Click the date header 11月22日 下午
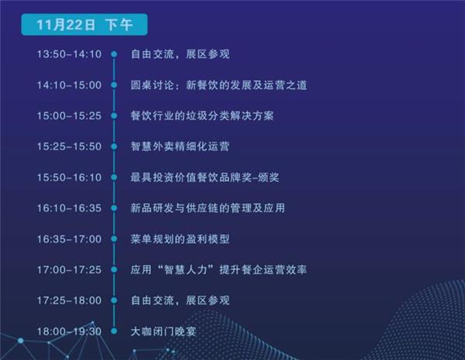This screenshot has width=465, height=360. coord(84,25)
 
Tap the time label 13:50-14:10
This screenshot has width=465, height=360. coord(69,54)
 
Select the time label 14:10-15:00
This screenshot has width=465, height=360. coord(69,85)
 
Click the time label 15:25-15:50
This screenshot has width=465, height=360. coord(69,146)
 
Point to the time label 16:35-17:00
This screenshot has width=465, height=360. coord(69,238)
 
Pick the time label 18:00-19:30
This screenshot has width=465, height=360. coord(69,331)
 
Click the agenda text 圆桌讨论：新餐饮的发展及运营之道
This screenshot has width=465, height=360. coord(219,85)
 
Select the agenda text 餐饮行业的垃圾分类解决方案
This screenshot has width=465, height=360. coord(202,115)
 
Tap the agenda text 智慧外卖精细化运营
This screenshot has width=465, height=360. coord(180,146)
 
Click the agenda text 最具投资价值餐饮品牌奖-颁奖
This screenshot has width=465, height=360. coord(205,177)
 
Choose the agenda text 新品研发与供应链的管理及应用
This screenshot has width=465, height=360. coord(208,208)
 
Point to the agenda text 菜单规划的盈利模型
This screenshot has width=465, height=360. coord(180,238)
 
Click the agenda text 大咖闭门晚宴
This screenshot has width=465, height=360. coord(164,331)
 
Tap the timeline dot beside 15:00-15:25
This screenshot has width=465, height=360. coord(114,115)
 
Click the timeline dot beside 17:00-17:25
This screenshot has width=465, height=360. coord(114,269)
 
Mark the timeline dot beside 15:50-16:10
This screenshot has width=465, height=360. coord(114,177)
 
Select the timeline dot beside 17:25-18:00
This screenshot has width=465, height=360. coord(114,300)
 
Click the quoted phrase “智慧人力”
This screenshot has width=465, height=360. coord(186,269)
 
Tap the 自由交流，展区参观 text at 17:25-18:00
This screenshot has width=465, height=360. coord(180,300)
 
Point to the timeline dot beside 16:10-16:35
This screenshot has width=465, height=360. coord(114,208)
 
